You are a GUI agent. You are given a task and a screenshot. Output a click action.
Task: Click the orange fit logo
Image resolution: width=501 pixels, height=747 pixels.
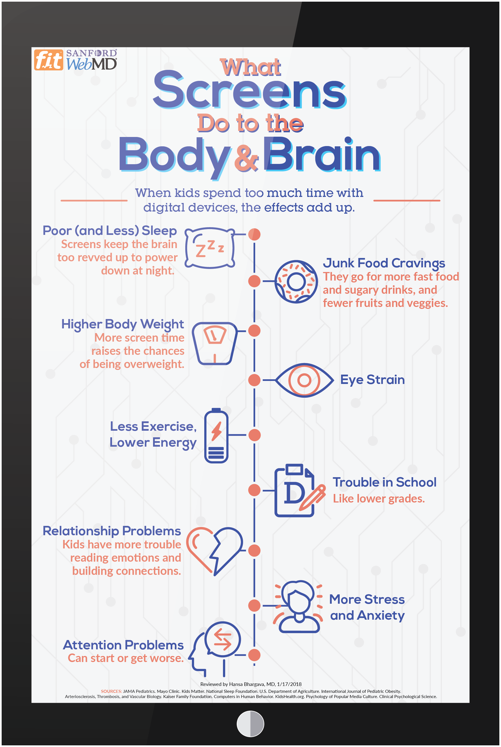pos(48,60)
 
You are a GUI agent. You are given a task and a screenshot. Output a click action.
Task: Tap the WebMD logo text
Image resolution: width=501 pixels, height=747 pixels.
pos(91,64)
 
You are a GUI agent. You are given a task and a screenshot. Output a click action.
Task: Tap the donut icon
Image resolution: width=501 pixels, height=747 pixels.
pos(296,281)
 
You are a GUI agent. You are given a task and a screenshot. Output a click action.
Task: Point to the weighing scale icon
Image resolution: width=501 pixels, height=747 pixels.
pos(215,343)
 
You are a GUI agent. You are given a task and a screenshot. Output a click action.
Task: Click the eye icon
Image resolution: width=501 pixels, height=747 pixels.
pos(304,380)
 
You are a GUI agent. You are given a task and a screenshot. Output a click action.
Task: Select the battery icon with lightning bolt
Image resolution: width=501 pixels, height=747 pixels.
pos(216,435)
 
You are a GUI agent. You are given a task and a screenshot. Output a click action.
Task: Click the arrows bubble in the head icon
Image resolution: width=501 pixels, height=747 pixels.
pos(222,639)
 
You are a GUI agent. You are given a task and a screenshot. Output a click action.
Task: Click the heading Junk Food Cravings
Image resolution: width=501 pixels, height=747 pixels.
pos(384,263)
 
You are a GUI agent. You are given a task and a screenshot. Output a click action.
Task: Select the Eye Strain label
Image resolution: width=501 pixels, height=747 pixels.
pos(372,380)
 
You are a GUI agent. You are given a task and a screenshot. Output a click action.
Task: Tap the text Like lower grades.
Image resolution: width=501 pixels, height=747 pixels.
pos(379,499)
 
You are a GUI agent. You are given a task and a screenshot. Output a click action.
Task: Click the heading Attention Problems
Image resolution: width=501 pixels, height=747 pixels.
pos(123,645)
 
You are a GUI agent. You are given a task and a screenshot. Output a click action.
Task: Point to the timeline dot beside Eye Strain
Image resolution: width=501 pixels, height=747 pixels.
pos(254,380)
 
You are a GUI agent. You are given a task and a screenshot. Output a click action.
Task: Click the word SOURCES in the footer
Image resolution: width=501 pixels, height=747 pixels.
pos(111,691)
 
